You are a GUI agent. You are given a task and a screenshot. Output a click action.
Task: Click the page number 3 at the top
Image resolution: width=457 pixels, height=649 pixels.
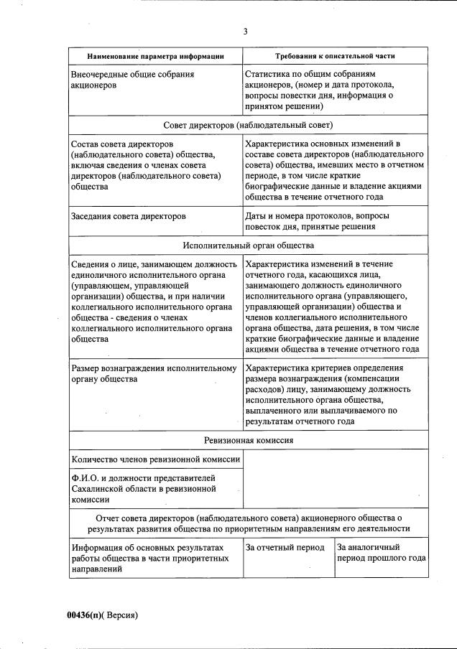tap(245, 31)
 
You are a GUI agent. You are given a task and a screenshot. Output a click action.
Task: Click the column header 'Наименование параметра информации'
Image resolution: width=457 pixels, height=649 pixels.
tap(155, 56)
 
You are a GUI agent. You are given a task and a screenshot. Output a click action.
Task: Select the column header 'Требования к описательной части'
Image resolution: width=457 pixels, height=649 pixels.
tap(335, 56)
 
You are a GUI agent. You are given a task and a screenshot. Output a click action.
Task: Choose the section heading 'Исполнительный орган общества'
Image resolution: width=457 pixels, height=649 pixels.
tap(248, 245)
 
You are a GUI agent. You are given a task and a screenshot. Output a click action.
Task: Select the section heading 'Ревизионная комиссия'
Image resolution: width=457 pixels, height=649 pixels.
tap(248, 440)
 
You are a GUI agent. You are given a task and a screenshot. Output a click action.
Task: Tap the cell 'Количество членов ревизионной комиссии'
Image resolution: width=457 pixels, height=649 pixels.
tap(155, 459)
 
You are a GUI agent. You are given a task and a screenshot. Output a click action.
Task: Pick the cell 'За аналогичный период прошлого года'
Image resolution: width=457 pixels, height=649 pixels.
tap(381, 553)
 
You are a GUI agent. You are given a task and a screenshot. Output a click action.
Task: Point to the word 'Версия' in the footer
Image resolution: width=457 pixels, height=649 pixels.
tap(121, 615)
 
